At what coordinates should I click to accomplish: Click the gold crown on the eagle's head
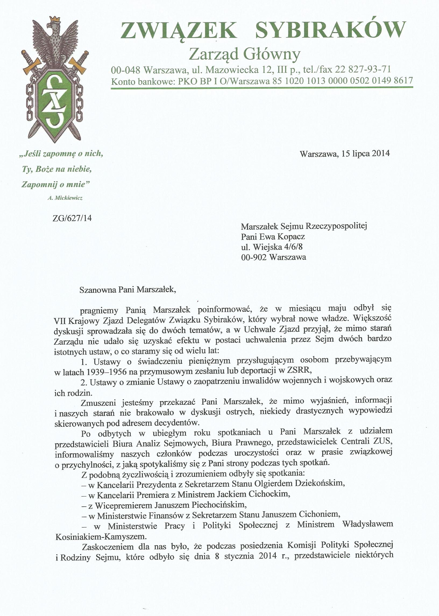55,19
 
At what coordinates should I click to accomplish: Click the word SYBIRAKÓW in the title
330,31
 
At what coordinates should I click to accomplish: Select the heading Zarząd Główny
244,54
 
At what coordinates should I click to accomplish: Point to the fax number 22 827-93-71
363,69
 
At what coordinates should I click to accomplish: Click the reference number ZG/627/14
72,218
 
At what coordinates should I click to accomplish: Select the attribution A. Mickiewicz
65,198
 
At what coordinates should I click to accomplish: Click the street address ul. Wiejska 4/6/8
272,247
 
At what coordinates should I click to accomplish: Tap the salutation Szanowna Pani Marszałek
128,290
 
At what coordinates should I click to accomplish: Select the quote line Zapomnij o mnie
55,184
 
